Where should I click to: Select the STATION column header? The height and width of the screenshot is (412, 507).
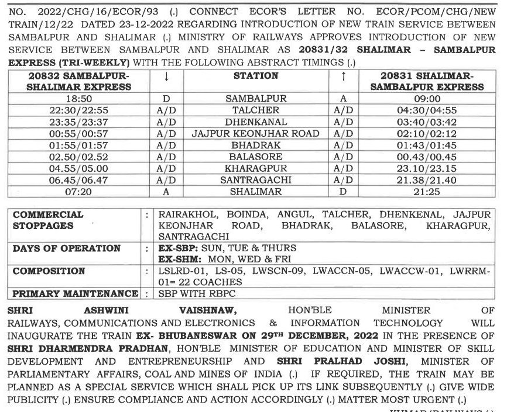click(x=256, y=76)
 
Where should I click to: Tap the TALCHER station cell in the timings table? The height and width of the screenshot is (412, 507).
click(x=256, y=110)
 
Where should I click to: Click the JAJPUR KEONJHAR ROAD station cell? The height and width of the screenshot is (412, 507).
click(x=256, y=134)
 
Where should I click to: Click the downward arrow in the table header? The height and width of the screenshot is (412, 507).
click(x=167, y=77)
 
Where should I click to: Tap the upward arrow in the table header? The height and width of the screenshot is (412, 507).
click(x=344, y=77)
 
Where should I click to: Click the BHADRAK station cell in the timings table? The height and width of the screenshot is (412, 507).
click(x=256, y=145)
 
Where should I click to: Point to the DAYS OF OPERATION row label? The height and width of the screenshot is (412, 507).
click(x=67, y=248)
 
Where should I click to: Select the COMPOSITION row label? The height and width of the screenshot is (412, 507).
click(x=49, y=271)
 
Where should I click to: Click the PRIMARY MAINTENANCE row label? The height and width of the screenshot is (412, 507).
click(x=76, y=293)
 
